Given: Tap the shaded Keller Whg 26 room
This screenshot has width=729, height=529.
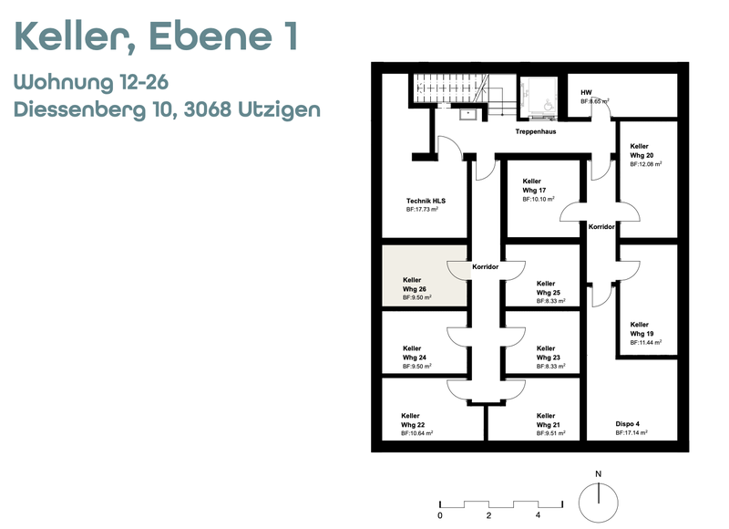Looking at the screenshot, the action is click(x=424, y=275).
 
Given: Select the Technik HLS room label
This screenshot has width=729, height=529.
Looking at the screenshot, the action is click(x=426, y=201).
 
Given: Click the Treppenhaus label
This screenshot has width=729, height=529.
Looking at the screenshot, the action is click(x=536, y=131).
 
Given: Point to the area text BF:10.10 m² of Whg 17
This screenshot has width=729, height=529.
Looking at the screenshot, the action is click(x=539, y=199).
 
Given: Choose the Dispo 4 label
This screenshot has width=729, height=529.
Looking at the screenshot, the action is click(x=627, y=424).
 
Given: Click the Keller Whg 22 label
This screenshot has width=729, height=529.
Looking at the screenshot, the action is click(x=413, y=420).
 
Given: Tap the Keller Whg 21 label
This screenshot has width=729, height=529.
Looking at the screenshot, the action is click(x=549, y=420).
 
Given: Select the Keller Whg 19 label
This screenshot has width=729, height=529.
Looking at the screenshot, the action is click(x=642, y=329).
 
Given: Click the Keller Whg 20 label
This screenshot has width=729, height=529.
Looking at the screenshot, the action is click(x=642, y=150).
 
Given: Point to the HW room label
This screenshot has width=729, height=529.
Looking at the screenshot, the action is click(x=586, y=93).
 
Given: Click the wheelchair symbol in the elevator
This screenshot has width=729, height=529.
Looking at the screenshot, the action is click(x=549, y=105).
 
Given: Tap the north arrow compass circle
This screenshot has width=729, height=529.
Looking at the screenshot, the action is click(x=599, y=503).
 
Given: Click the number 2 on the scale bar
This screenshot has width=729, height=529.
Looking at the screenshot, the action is click(x=488, y=515).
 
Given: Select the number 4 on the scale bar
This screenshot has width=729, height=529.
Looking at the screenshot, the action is click(x=538, y=515).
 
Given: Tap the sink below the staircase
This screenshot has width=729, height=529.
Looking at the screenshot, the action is click(x=467, y=113).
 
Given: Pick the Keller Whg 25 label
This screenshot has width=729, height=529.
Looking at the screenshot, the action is click(x=549, y=288).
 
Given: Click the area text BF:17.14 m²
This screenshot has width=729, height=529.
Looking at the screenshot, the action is click(x=631, y=432).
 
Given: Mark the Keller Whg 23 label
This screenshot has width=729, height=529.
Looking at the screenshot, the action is click(x=549, y=353).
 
